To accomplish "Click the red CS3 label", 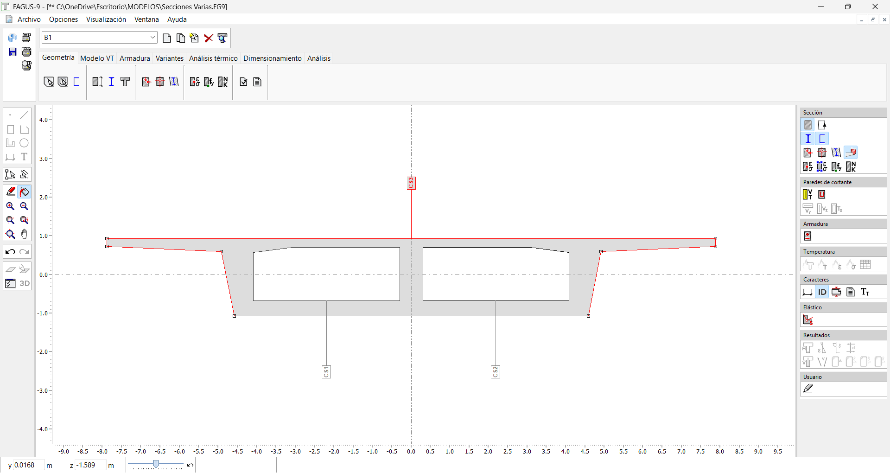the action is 411,183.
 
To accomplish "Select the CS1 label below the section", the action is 326,371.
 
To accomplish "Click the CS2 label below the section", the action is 496,371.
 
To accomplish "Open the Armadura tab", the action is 135,58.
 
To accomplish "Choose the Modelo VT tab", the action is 97,58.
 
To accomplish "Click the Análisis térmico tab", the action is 213,58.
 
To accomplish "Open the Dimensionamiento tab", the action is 273,58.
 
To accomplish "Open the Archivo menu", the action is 29,19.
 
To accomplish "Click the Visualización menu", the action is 106,19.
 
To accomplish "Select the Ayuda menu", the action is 177,19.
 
